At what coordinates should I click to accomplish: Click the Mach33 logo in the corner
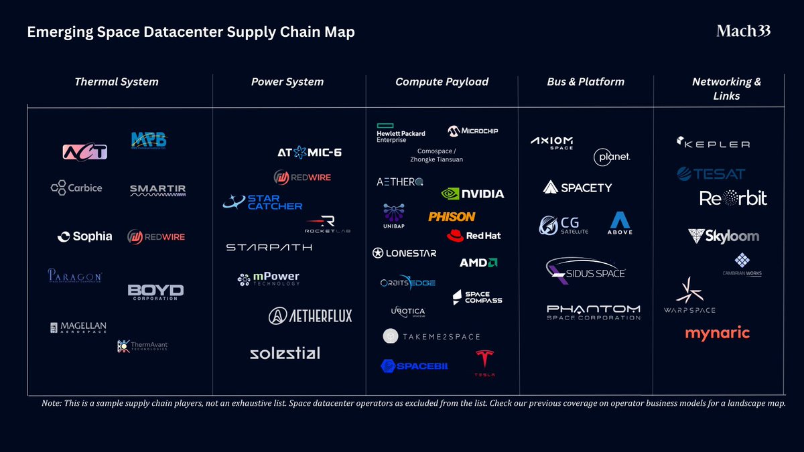743,31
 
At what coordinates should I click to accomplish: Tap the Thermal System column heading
117,82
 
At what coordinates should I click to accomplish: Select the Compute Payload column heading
442,82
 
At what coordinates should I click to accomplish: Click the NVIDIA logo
472,194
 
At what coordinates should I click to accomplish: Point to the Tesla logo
484,362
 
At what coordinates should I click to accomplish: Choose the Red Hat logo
474,236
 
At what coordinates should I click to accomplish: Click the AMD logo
478,262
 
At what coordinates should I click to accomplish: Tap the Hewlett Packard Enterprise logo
401,133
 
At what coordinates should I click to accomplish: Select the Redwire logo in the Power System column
302,177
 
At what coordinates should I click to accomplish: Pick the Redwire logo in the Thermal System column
155,236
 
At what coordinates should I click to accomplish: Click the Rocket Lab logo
328,224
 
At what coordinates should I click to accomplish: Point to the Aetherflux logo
310,315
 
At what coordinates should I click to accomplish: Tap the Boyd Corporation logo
155,292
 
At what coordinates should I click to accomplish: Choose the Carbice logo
76,187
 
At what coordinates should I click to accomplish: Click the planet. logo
612,157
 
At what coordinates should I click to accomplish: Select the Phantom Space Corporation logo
593,312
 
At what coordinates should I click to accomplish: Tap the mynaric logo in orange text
717,333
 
